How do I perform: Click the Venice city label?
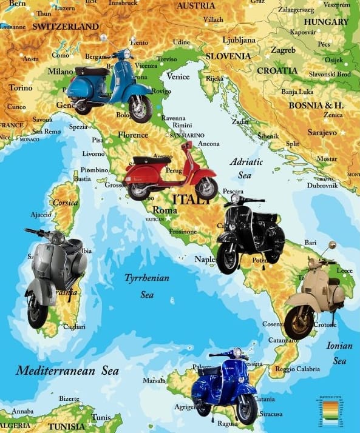[x=178, y=77]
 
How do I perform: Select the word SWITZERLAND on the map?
[x=65, y=27]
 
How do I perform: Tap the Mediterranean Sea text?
[x=67, y=370]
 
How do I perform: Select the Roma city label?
[x=165, y=210]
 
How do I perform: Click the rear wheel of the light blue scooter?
[x=83, y=107]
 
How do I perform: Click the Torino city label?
[x=21, y=88]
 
